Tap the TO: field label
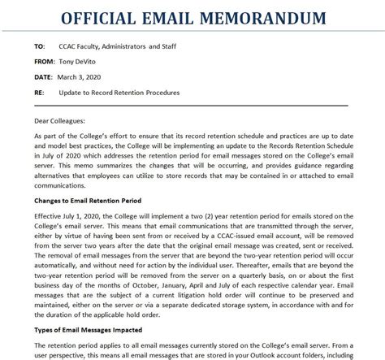[41, 46]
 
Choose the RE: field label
[39, 93]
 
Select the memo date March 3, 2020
[80, 77]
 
